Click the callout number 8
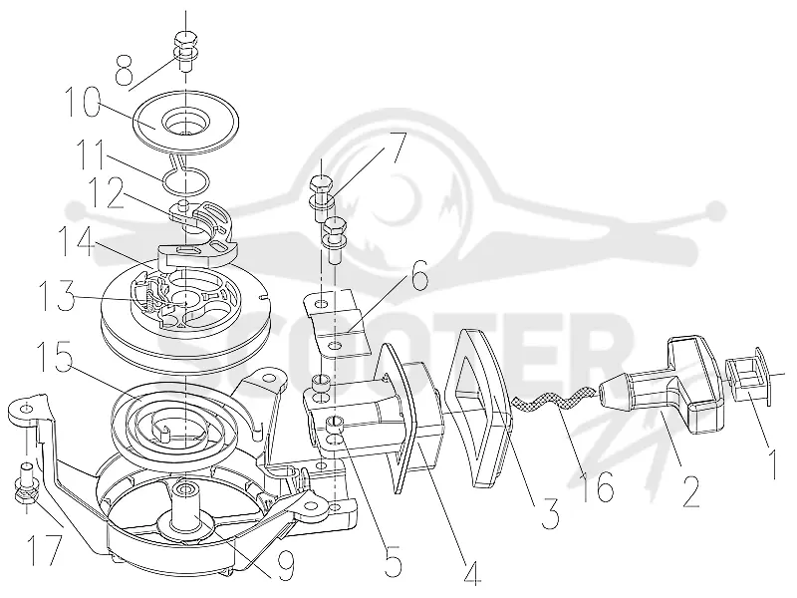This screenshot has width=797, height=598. (124, 70)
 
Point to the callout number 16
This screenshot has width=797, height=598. (597, 485)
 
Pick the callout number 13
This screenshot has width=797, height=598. (58, 295)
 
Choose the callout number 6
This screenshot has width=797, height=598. (418, 275)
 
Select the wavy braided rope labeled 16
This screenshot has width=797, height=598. (554, 400)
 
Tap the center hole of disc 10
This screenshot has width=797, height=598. (185, 122)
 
